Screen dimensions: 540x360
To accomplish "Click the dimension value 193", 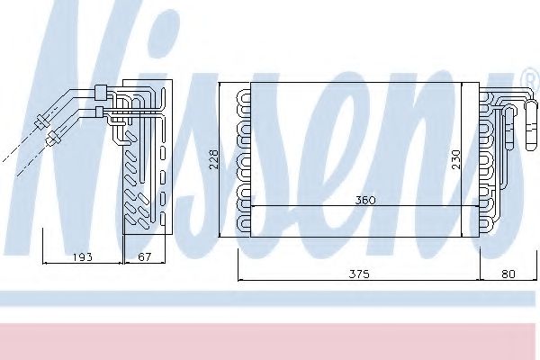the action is [83, 257].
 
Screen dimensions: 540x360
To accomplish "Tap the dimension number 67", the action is [145, 257].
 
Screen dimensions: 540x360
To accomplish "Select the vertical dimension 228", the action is [214, 158].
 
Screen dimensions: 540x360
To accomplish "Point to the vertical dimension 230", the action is [455, 159].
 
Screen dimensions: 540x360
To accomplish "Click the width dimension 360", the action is [365, 200].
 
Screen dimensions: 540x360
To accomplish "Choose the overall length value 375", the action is [359, 274].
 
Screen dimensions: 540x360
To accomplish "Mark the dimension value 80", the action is [508, 274].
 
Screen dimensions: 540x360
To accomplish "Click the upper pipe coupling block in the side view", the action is [100, 93].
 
